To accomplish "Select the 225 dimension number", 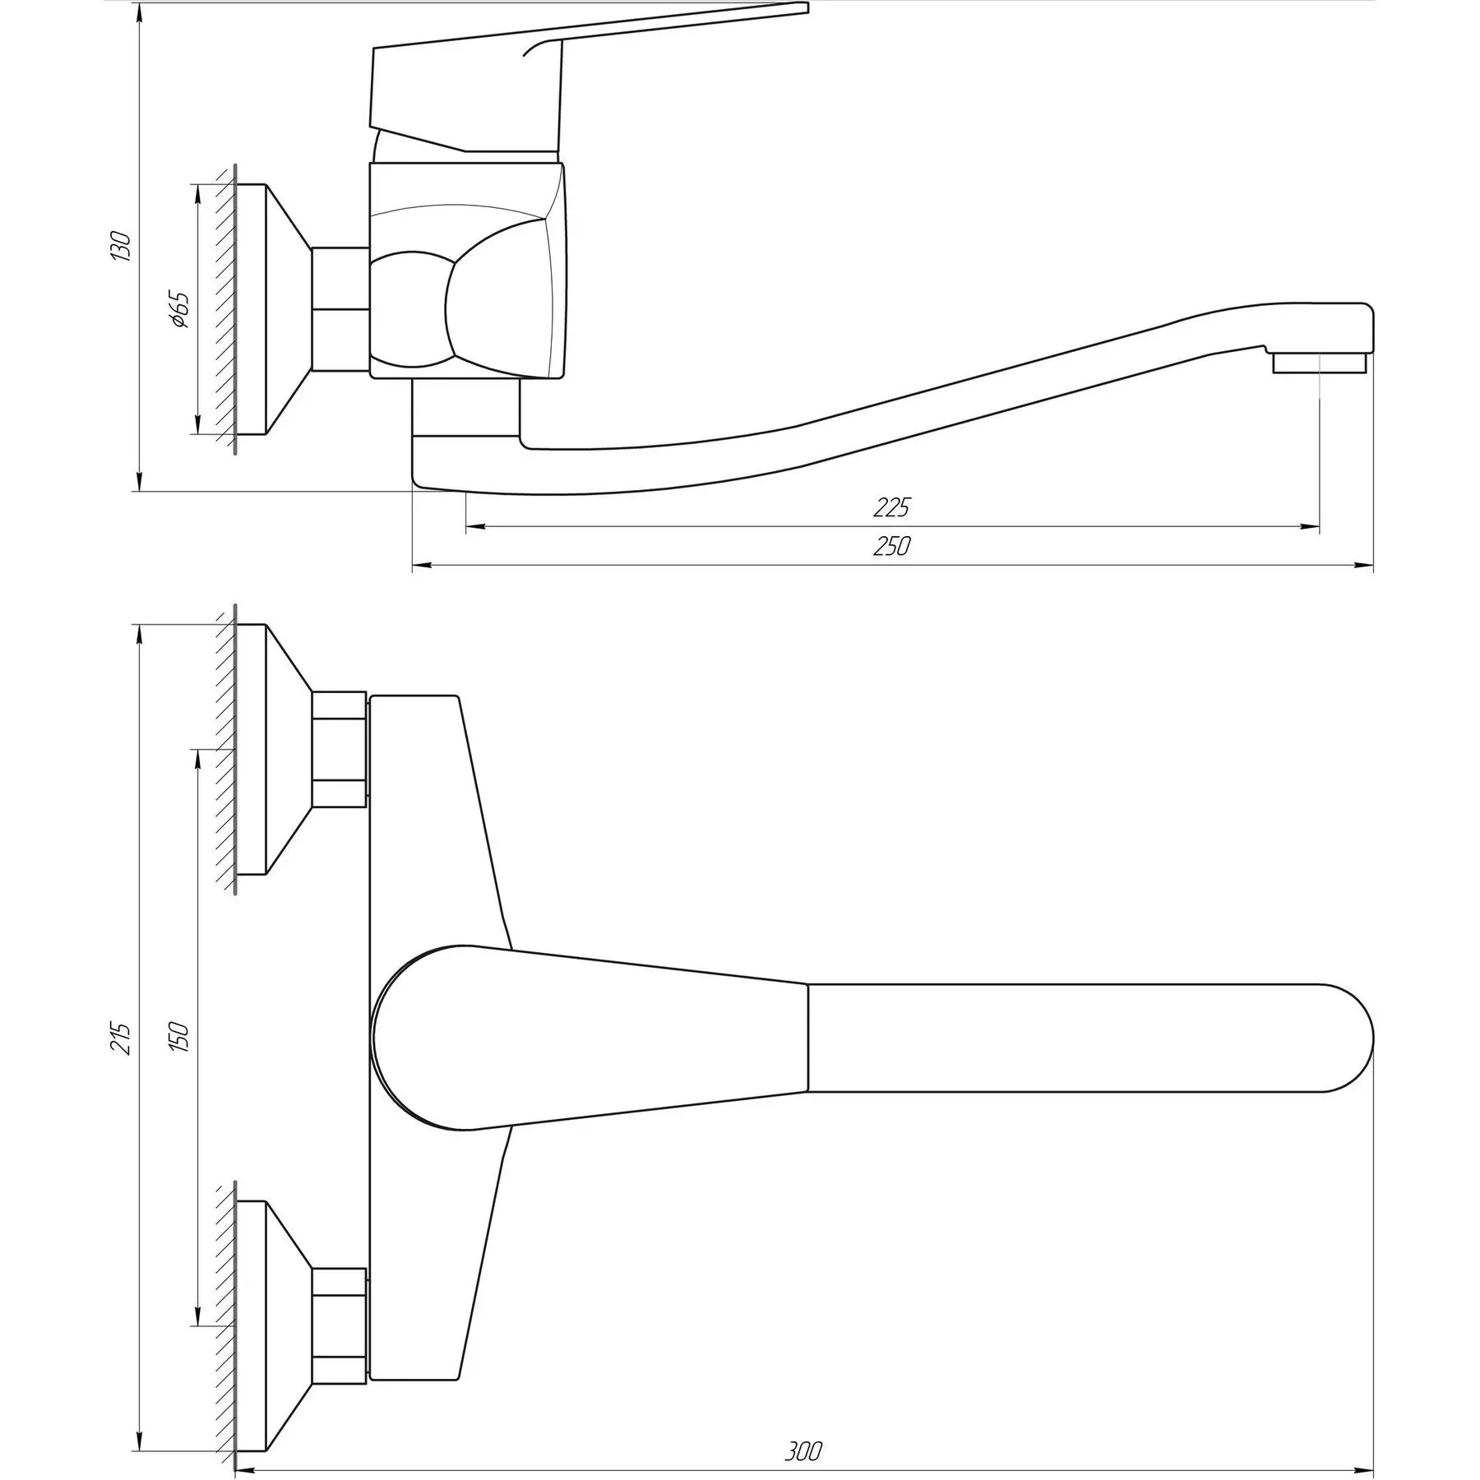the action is tap(892, 507).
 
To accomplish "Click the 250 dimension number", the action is tap(892, 546).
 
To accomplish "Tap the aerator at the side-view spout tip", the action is tap(1320, 363).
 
